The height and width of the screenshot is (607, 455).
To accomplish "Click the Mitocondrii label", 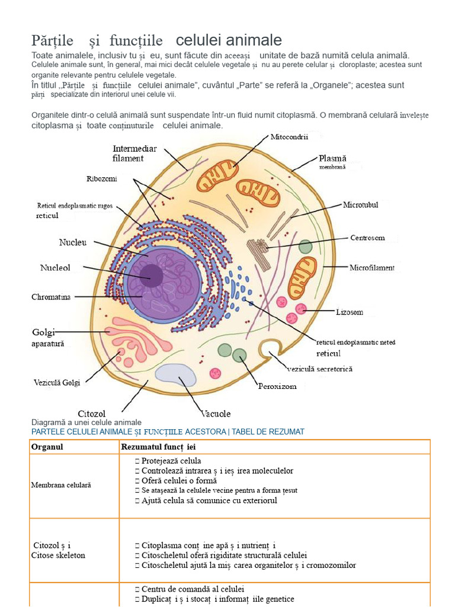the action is [289, 137].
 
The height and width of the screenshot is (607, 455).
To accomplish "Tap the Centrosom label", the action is [367, 238].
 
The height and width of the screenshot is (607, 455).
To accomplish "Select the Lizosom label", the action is [349, 312].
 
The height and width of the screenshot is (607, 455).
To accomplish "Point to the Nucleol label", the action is [55, 267].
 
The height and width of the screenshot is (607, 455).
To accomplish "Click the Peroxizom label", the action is [277, 386].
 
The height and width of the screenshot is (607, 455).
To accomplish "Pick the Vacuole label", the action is [216, 413].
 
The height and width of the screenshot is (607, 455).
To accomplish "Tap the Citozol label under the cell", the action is [91, 413].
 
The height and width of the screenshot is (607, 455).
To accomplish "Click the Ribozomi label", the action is [101, 178].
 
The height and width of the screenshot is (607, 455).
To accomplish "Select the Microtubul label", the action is [360, 205].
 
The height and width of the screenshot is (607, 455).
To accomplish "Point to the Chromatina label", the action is [51, 297].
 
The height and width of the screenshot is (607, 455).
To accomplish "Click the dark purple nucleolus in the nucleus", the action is [151, 275].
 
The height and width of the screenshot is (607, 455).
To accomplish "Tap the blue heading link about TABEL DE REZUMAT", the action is [168, 432].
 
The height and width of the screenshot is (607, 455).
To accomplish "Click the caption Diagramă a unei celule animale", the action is [86, 422].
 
